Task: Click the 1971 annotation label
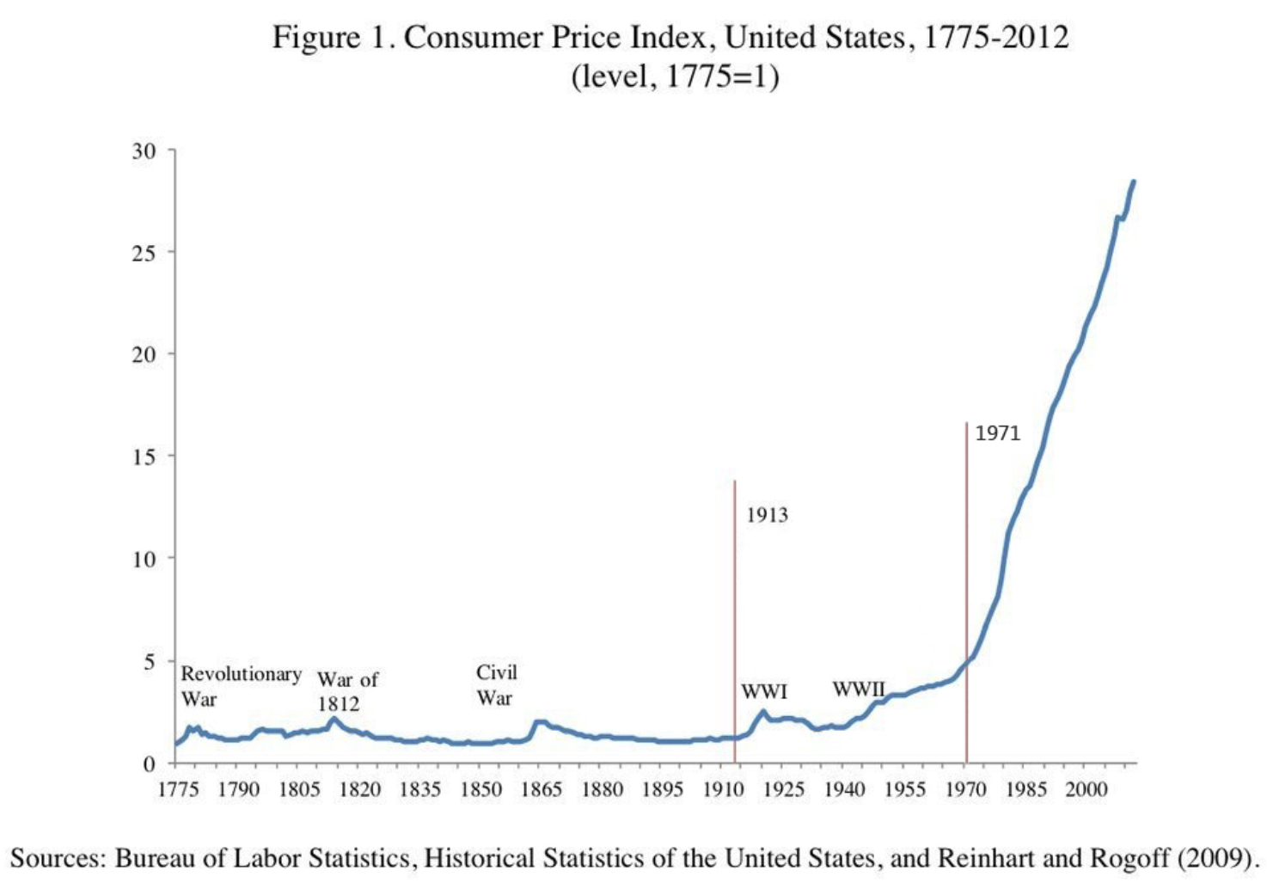997,433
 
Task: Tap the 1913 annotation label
767,515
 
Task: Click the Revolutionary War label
241,685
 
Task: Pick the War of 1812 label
347,691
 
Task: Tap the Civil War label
497,684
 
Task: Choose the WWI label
764,691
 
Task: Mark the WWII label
858,689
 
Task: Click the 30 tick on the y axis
144,151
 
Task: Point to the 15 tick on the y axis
144,457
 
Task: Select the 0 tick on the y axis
150,763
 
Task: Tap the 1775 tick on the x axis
178,789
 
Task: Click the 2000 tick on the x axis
1086,789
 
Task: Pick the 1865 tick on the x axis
542,789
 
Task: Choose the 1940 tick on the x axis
844,789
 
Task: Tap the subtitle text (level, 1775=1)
675,77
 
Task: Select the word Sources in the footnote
58,858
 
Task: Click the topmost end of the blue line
1134,181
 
